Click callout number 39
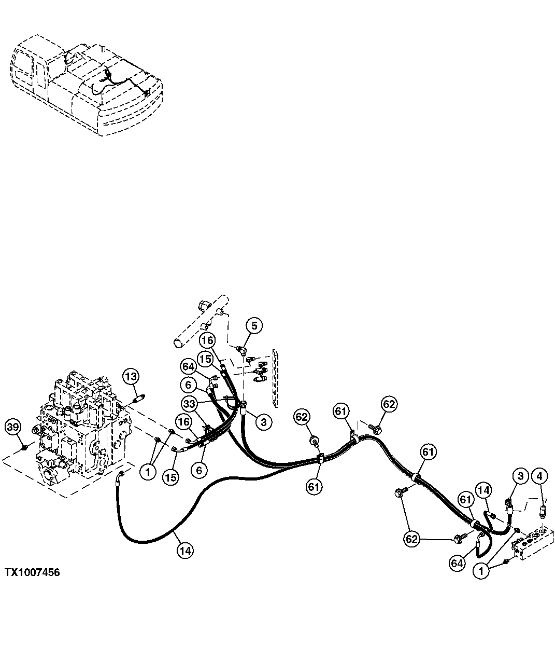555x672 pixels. pos(13,427)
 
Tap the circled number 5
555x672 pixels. pos(254,326)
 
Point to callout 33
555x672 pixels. pos(190,403)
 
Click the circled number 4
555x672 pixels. pos(539,475)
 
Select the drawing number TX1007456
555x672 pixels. pos(32,572)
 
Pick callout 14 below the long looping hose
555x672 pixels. pos(185,550)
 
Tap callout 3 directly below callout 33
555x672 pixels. pos(263,422)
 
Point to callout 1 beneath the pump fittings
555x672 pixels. pos(149,472)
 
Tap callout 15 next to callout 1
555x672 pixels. pos(171,477)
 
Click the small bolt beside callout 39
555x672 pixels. pos(24,447)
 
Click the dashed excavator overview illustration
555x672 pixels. pos(86,86)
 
